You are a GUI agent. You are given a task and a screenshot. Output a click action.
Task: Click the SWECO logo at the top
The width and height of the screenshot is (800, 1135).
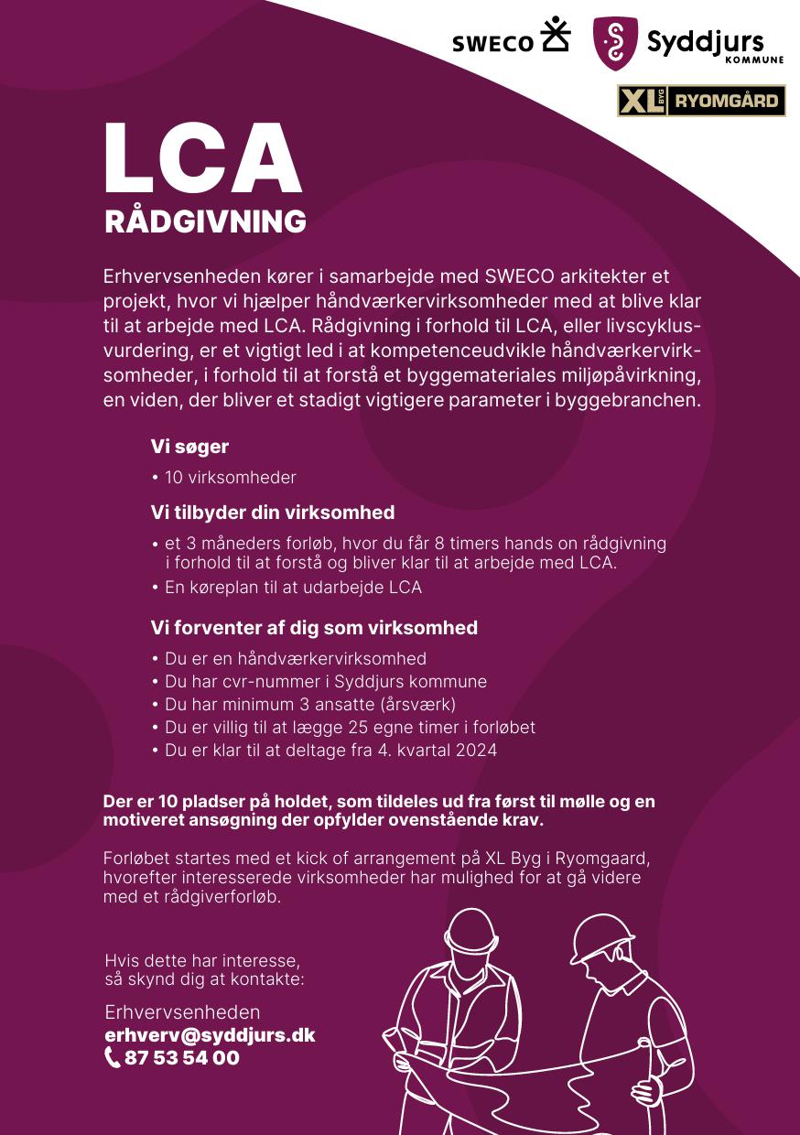pos(510,39)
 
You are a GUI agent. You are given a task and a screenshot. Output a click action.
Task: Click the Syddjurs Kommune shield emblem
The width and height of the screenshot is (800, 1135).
pos(614,43)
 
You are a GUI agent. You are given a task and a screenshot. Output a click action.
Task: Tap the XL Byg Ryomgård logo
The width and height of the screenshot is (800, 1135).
pos(701,101)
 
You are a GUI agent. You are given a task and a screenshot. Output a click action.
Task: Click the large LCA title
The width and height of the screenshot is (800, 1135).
pos(202,159)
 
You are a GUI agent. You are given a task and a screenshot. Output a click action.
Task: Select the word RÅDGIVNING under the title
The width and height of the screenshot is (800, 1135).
pos(205,222)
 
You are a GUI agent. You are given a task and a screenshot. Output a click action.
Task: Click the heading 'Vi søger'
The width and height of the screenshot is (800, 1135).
pos(189,447)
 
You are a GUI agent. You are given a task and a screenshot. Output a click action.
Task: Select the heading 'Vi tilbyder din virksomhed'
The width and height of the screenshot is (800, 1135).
pos(272,512)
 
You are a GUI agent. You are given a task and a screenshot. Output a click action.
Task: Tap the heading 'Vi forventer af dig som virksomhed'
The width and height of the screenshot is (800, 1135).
pos(314,628)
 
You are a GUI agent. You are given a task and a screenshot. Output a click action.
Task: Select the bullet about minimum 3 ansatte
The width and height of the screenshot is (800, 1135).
pos(309,705)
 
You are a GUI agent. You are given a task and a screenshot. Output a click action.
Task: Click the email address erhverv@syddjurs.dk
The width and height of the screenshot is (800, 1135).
pos(210,1035)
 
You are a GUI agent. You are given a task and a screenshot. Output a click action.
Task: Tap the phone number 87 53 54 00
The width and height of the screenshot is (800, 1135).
pos(181,1058)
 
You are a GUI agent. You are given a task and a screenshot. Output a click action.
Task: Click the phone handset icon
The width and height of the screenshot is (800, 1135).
pos(113,1058)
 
